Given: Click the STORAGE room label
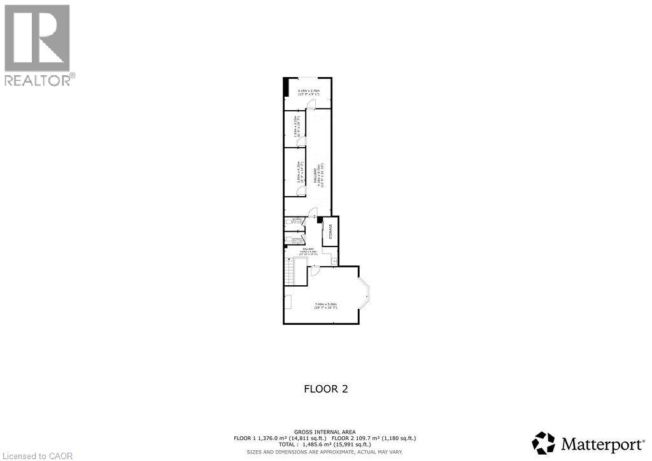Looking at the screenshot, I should click(330, 231).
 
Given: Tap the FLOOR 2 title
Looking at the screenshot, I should click(325, 388).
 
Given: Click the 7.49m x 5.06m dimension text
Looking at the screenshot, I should click(325, 306).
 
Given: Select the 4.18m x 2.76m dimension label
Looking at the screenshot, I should click(308, 93).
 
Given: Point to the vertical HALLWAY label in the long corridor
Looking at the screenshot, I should click(316, 173).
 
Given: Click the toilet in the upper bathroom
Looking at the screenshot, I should click(288, 222).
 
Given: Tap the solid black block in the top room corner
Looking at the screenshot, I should click(287, 87).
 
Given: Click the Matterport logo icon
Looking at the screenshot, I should click(544, 443).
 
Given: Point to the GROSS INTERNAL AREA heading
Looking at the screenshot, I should click(325, 431).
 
